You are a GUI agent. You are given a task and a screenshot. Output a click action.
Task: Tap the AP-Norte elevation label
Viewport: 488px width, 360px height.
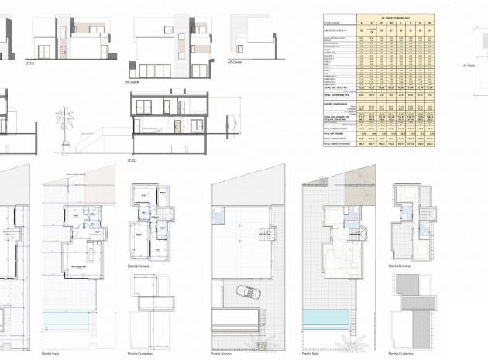[x=132, y=81]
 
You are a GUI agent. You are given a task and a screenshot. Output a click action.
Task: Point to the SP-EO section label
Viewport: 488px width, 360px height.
[x=132, y=160]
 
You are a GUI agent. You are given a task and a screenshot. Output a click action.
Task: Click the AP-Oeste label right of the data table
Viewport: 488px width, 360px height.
[x=468, y=66]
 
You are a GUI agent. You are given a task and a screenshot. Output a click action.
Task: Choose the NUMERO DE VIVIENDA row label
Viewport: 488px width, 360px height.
[x=333, y=31]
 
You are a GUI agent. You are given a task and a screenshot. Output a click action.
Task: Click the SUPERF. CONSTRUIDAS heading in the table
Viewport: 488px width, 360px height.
[x=336, y=103]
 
